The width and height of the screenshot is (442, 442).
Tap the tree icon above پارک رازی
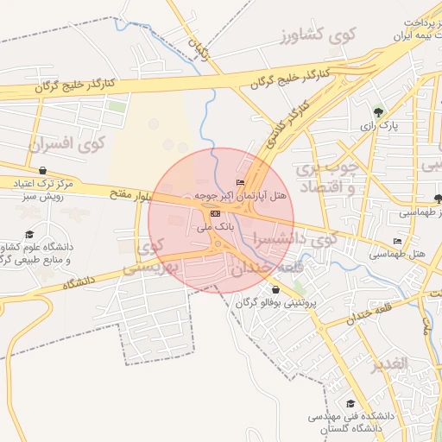(378, 111)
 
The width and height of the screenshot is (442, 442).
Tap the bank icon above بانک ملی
(215, 213)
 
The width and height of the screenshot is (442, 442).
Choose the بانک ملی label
(215, 226)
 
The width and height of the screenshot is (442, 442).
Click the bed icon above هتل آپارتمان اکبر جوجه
(240, 182)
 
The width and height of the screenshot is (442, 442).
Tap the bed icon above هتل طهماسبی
(397, 241)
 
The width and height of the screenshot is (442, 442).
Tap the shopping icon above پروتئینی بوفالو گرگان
(275, 290)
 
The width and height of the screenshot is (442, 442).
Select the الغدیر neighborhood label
(388, 363)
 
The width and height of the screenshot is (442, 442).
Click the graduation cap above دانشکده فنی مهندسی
(350, 403)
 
